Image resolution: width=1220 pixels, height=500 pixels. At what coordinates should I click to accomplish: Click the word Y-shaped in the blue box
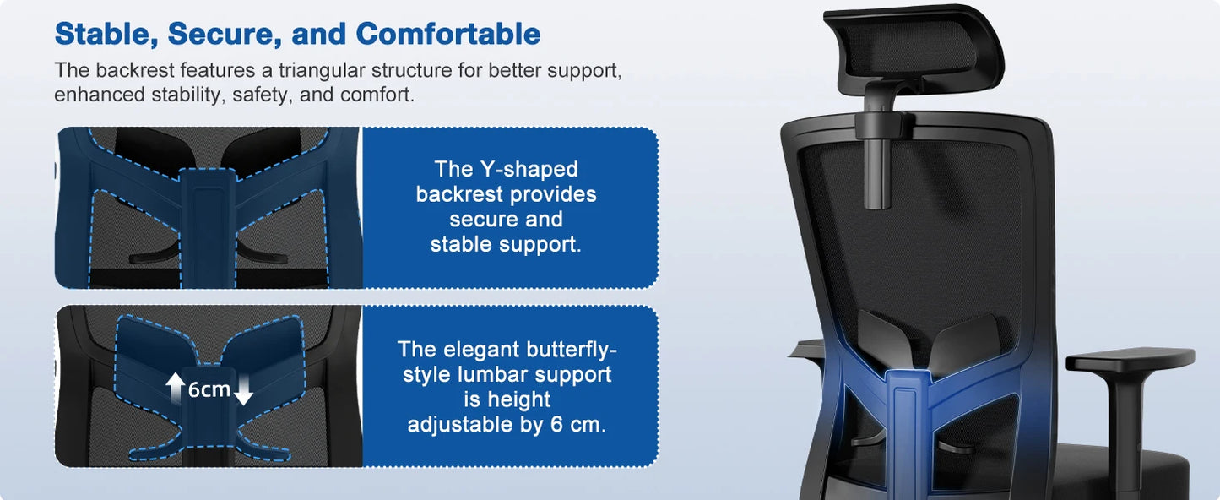tap(529, 170)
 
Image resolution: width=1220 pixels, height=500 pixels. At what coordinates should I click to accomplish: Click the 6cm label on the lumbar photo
tap(209, 390)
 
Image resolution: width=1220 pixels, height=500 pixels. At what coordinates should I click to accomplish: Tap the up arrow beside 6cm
tap(176, 388)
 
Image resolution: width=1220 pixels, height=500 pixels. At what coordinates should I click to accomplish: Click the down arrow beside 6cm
tap(243, 389)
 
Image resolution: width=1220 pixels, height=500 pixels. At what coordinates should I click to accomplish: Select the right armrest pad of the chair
tap(1130, 360)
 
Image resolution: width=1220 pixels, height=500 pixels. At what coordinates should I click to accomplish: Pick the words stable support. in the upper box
tap(506, 245)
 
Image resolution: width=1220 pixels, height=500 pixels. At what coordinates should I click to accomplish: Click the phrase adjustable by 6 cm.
tap(507, 425)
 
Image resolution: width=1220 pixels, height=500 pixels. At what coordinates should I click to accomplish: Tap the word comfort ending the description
tap(377, 95)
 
